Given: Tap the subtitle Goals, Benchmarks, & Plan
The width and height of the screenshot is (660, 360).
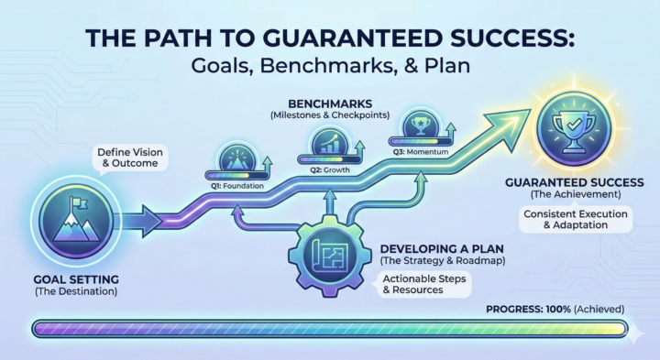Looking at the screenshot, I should pos(330,66).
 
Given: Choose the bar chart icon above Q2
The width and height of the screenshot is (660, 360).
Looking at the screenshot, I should pos(327,143).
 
